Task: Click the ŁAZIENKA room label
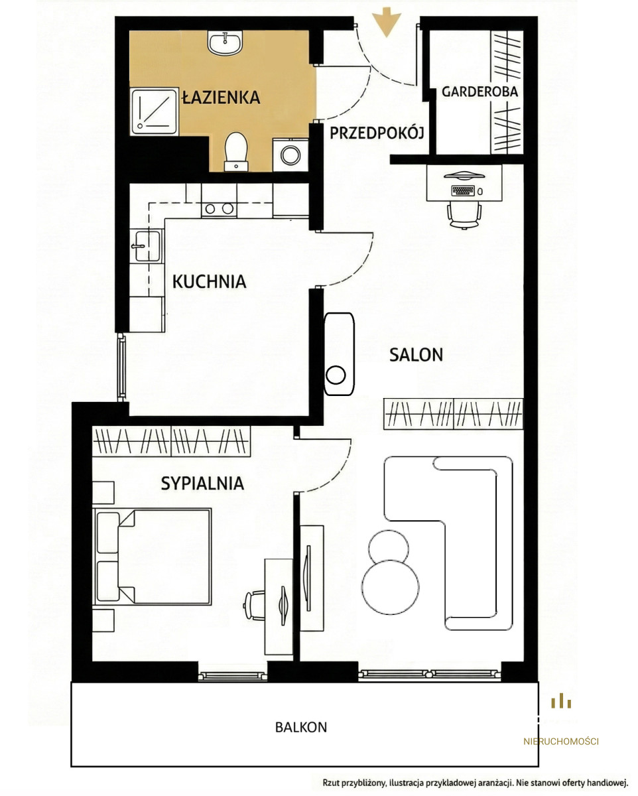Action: [x=221, y=97]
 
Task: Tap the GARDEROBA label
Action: [x=479, y=92]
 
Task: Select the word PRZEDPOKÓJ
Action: [x=377, y=133]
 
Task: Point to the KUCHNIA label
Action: [x=210, y=281]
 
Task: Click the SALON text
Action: [x=416, y=355]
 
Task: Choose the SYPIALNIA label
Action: [x=202, y=483]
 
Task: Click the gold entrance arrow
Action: [x=387, y=22]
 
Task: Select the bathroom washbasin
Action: [x=225, y=42]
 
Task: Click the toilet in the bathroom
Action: [x=236, y=152]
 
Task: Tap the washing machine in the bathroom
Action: [x=290, y=155]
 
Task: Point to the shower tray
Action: [x=154, y=111]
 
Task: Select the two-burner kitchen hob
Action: [x=219, y=208]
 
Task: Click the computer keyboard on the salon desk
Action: [x=463, y=190]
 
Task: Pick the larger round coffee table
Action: [x=390, y=587]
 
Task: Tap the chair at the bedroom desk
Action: [x=254, y=605]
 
